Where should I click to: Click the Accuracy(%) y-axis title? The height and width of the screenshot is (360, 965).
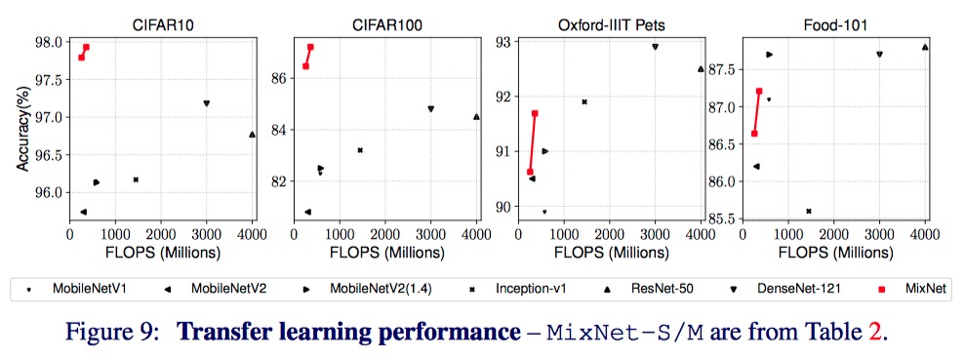[x=21, y=127]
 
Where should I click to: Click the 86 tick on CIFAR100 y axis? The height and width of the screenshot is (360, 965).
[x=279, y=78]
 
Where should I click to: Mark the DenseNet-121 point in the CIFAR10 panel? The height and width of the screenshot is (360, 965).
[x=206, y=103]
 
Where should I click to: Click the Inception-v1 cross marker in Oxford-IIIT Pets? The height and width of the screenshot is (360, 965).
[x=584, y=101]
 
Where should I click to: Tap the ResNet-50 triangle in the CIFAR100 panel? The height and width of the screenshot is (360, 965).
[x=476, y=117]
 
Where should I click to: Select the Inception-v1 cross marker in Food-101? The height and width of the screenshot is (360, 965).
[x=809, y=211]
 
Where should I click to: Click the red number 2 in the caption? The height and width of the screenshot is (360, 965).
[x=874, y=330]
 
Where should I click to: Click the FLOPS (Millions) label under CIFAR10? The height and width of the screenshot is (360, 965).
[x=161, y=252]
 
